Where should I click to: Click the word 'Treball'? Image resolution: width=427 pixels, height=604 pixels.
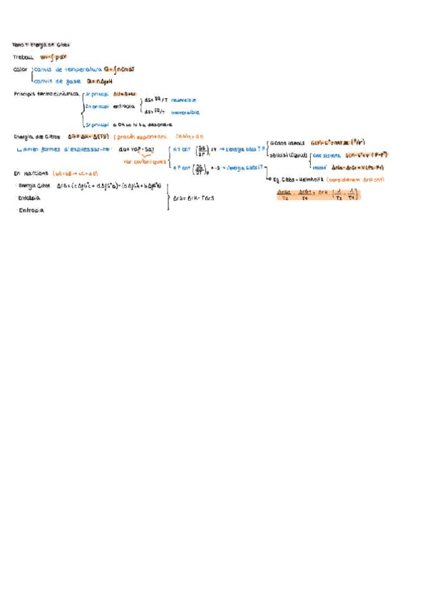coord(23,57)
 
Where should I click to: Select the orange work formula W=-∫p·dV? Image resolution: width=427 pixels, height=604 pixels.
coord(54,57)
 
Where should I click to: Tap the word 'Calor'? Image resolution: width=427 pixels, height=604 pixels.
coord(20,70)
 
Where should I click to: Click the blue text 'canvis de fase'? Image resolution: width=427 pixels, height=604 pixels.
coord(58,81)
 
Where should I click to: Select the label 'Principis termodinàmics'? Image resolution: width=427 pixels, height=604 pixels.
coord(46,94)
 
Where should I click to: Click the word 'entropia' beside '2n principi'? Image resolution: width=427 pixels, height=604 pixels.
coord(124,106)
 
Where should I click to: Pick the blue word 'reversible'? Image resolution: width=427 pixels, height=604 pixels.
coord(183,100)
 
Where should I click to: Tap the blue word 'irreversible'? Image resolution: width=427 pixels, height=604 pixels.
coord(185,112)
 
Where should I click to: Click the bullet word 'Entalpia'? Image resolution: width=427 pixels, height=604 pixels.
coord(30,197)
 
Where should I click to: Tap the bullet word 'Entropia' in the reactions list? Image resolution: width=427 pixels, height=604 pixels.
coord(31,210)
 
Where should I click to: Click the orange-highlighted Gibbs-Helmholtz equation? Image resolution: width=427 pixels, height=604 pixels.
coord(318,194)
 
